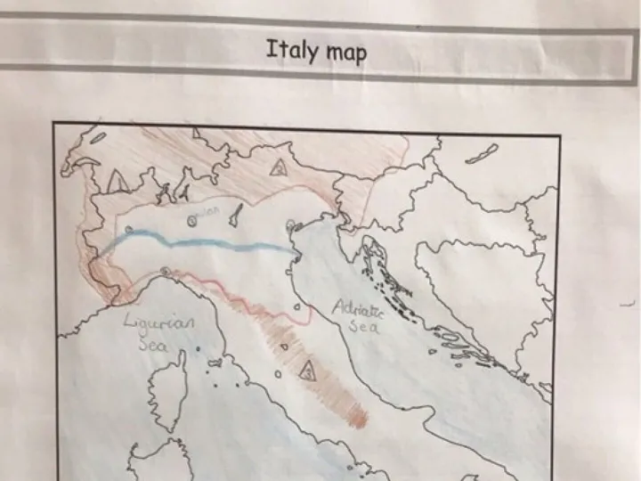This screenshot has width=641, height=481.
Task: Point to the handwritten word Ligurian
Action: click(159, 324)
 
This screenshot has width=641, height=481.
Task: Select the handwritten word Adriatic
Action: click(358, 312)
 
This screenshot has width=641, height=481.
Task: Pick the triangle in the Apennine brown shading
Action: click(307, 370)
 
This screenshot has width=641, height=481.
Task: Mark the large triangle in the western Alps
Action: click(117, 182)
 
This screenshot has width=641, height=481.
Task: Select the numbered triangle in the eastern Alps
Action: click(279, 167)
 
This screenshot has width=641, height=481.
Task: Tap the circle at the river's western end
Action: click(130, 230)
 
